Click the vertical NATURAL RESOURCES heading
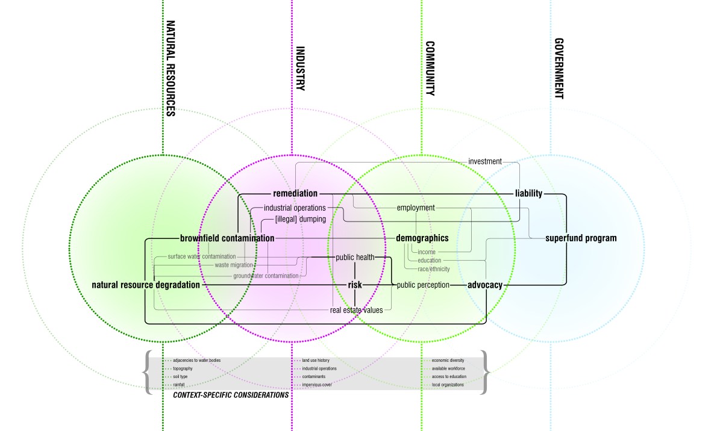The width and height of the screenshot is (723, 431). [171, 69]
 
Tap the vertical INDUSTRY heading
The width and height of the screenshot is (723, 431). [301, 69]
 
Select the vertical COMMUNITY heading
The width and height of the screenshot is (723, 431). [430, 69]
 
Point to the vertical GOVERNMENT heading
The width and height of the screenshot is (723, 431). [559, 69]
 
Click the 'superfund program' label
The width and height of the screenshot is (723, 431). [581, 238]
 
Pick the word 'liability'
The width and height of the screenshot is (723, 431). [528, 194]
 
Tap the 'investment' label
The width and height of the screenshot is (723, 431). [484, 161]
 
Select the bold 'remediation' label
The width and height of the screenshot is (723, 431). [295, 194]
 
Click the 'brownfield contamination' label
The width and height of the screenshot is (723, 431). [227, 238]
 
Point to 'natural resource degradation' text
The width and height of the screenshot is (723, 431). [145, 285]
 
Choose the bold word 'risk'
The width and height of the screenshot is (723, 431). [354, 285]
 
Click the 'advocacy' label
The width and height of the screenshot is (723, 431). [485, 285]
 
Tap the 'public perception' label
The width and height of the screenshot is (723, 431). [423, 285]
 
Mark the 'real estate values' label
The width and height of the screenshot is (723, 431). [356, 310]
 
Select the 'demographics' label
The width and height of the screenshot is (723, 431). [422, 238]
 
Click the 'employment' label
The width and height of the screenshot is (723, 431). [416, 208]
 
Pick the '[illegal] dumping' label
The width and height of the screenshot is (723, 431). [292, 219]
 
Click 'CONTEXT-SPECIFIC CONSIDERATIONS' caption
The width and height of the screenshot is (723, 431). [231, 395]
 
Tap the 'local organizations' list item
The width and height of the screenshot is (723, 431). [448, 385]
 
